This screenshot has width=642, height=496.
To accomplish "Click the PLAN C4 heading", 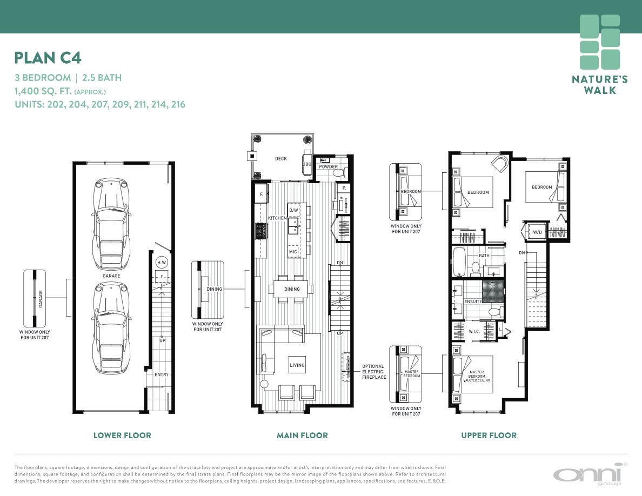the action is [48, 58].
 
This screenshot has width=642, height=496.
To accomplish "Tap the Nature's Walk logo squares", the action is [600, 42].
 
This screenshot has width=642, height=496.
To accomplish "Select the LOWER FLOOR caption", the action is [122, 435].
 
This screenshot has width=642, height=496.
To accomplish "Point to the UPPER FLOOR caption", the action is [489, 435].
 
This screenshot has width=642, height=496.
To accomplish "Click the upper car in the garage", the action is [111, 224].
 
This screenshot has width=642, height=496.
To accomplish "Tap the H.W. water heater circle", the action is [162, 263].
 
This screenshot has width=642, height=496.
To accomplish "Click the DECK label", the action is [281, 159].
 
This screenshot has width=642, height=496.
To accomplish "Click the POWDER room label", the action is [329, 166].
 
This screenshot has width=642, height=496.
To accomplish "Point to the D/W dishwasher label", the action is [293, 210].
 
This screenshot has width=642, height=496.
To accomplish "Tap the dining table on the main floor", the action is [291, 289].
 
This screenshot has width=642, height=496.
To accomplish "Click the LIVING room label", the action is [297, 365].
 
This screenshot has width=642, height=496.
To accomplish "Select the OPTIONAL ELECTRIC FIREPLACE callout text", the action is [374, 372].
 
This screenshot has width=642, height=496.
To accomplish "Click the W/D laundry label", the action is [537, 232].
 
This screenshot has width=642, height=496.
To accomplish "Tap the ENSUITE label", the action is [473, 301].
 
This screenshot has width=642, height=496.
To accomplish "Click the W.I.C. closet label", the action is [474, 332].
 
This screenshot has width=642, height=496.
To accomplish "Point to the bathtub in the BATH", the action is [459, 262].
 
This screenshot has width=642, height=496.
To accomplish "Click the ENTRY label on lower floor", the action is [162, 374].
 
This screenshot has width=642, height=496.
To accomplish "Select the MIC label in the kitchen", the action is [293, 252].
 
